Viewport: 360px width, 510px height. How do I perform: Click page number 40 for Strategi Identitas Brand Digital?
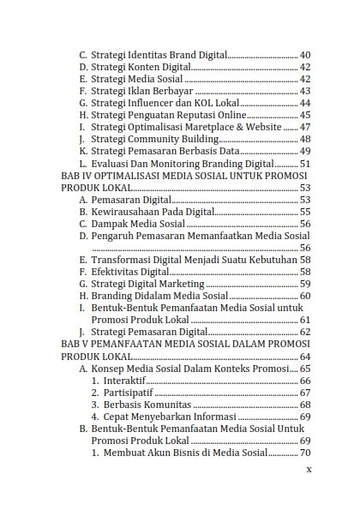305,54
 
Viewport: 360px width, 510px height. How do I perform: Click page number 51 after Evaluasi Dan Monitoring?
305,163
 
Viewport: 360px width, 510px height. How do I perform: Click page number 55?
305,211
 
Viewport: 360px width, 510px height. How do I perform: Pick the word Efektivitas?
117,271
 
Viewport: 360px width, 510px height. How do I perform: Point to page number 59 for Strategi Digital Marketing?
305,283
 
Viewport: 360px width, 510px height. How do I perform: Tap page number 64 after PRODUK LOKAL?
305,356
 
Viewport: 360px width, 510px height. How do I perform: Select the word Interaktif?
125,380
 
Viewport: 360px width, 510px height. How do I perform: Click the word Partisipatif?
129,392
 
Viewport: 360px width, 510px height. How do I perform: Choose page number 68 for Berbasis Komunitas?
305,404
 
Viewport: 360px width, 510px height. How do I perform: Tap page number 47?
305,127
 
